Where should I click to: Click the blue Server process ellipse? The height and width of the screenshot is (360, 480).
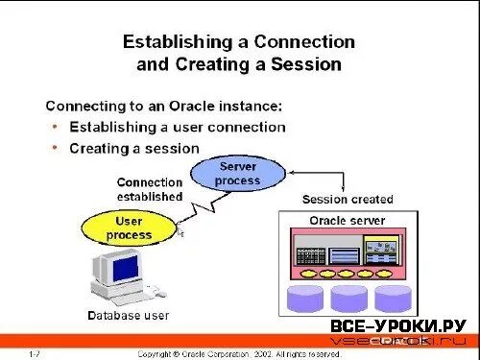(237, 174)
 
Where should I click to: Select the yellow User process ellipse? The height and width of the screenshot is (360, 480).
(128, 228)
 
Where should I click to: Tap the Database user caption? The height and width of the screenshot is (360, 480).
(128, 315)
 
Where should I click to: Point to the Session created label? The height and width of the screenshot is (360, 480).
(348, 200)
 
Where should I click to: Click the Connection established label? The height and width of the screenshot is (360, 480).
(150, 189)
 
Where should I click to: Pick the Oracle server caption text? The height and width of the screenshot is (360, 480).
(347, 221)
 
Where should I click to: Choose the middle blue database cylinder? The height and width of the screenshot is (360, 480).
(348, 298)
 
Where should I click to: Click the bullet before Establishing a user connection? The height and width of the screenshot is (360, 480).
(57, 126)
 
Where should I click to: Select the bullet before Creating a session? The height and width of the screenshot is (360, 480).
(57, 148)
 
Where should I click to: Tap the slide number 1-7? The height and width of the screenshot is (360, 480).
(35, 353)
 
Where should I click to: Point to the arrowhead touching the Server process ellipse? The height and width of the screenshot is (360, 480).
(290, 174)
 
